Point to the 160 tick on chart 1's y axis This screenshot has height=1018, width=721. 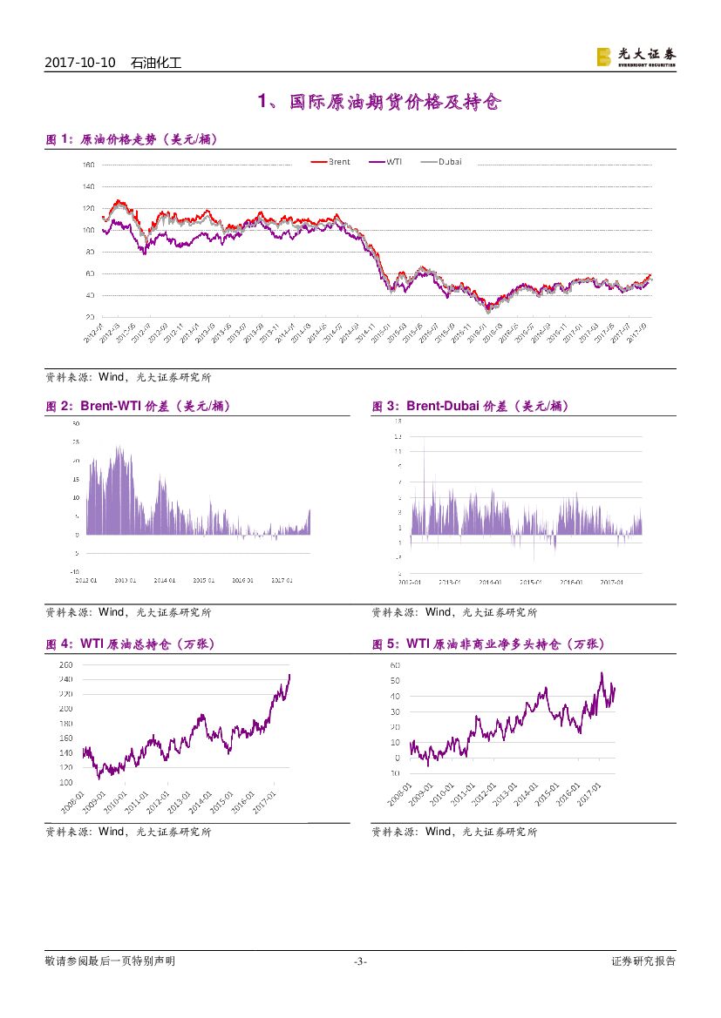point(88,165)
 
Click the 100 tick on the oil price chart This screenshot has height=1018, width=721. point(88,230)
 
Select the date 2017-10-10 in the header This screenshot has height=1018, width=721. point(79,63)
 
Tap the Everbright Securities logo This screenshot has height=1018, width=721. point(636,57)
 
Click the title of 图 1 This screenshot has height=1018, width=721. point(131,139)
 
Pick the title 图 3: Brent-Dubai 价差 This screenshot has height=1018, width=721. point(470,406)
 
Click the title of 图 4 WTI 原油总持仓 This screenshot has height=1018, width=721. point(130,644)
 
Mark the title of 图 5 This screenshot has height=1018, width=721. point(487,644)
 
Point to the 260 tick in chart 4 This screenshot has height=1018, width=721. point(91,664)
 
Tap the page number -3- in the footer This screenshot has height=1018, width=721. point(360,961)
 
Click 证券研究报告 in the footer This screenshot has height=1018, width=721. point(643,961)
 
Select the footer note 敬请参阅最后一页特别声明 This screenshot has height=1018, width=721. point(110,961)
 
